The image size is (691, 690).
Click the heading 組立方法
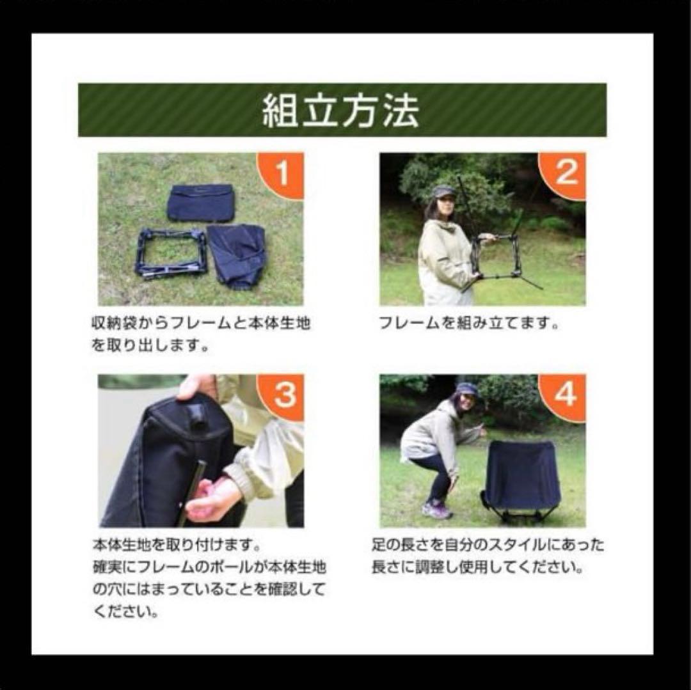coord(341,111)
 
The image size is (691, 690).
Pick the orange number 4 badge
coord(564,396)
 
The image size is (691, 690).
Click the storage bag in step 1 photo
coord(200,202)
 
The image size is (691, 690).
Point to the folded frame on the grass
coord(171,253)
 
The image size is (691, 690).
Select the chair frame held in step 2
coord(499,256)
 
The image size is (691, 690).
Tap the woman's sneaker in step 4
coord(436,510)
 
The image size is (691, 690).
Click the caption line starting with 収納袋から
coord(200,324)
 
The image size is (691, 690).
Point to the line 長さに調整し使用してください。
coord(477,568)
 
